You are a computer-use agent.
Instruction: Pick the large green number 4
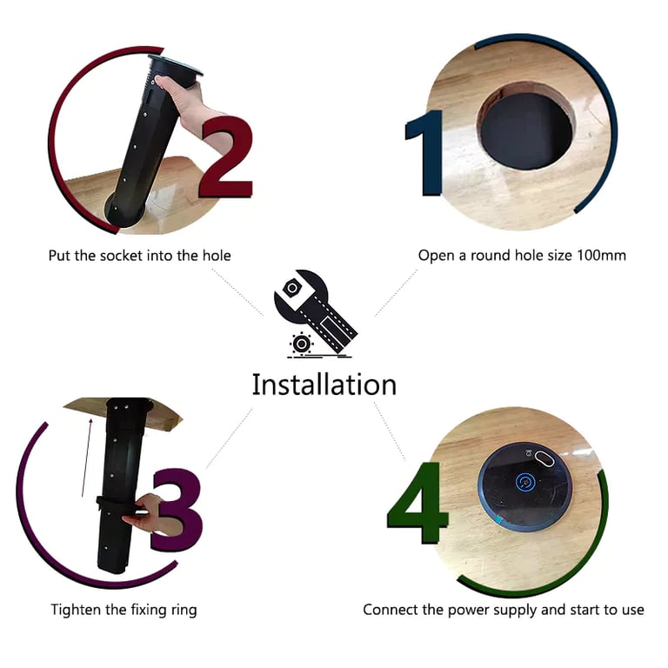point(417,503)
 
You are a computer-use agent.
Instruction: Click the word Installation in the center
point(324,384)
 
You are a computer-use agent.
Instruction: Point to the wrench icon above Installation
point(315,311)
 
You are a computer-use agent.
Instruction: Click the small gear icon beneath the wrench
point(301,344)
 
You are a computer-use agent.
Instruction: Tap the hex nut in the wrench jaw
point(292,288)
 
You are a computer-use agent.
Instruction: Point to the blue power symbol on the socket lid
point(524,482)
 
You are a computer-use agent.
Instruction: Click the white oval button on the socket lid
point(544,459)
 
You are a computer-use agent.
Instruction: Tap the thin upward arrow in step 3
point(86,458)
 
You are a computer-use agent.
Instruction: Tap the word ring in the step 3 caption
point(184,611)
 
